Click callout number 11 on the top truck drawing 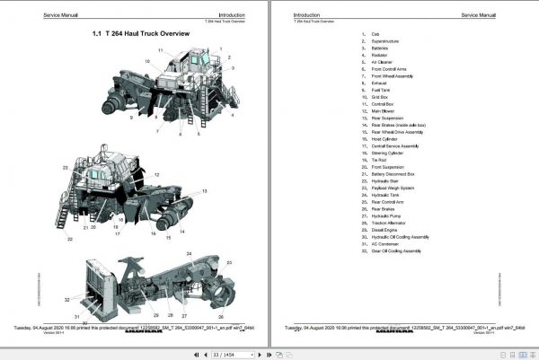tap(161, 50)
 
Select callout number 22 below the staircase tap(68, 239)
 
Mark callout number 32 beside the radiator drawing tap(67, 299)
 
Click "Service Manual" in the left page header tap(46, 15)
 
